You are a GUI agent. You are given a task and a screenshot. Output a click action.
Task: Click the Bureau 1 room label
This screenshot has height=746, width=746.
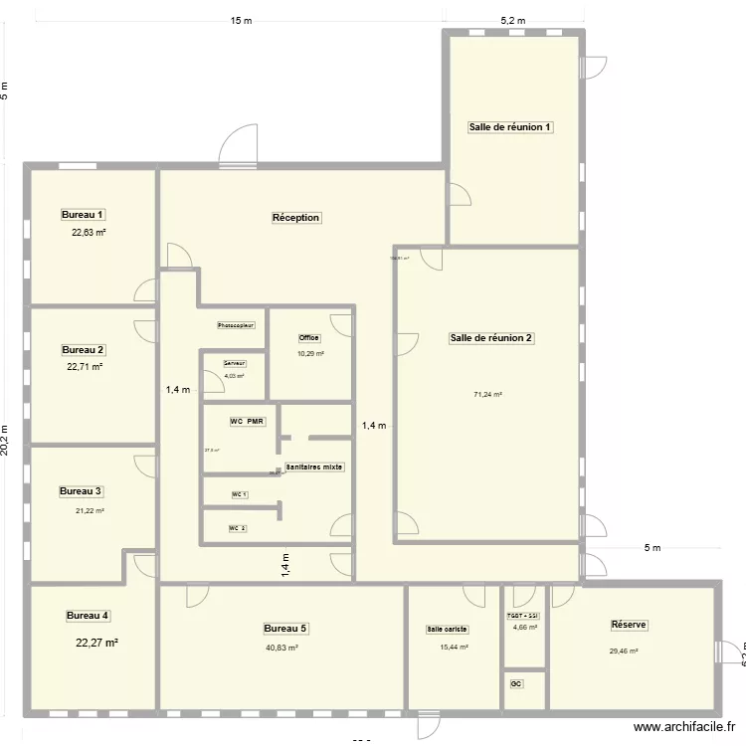click(x=84, y=215)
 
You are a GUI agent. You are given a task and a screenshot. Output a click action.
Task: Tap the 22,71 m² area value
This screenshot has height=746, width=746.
click(x=85, y=367)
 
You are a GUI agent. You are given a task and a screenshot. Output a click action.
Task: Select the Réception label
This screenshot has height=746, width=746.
click(x=296, y=217)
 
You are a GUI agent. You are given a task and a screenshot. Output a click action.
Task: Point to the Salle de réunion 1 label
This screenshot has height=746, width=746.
click(x=510, y=127)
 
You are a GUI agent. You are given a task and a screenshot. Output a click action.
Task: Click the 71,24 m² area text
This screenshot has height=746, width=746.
click(x=487, y=395)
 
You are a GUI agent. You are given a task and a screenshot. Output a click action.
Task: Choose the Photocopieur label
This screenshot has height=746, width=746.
click(x=237, y=325)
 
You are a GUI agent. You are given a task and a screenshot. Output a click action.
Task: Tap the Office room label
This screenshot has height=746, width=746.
click(x=309, y=338)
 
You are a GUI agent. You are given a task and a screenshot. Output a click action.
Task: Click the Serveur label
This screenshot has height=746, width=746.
click(x=234, y=363)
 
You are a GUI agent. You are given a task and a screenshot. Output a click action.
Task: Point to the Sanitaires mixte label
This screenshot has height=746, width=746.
click(x=314, y=466)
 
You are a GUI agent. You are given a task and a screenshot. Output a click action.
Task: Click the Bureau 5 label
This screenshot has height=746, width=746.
click(x=285, y=629)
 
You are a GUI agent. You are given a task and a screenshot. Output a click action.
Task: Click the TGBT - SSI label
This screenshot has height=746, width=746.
click(x=524, y=617)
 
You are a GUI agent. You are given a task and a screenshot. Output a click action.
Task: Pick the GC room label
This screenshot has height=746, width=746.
click(x=515, y=684)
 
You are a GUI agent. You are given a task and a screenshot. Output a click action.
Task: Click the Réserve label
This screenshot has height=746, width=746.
click(x=629, y=625)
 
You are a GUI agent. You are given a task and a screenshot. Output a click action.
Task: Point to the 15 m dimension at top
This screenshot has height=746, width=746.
click(x=240, y=20)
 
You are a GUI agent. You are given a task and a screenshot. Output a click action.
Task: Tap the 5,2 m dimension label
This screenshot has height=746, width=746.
click(x=512, y=20)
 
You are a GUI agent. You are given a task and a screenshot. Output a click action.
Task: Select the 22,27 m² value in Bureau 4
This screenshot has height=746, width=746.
click(x=96, y=644)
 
